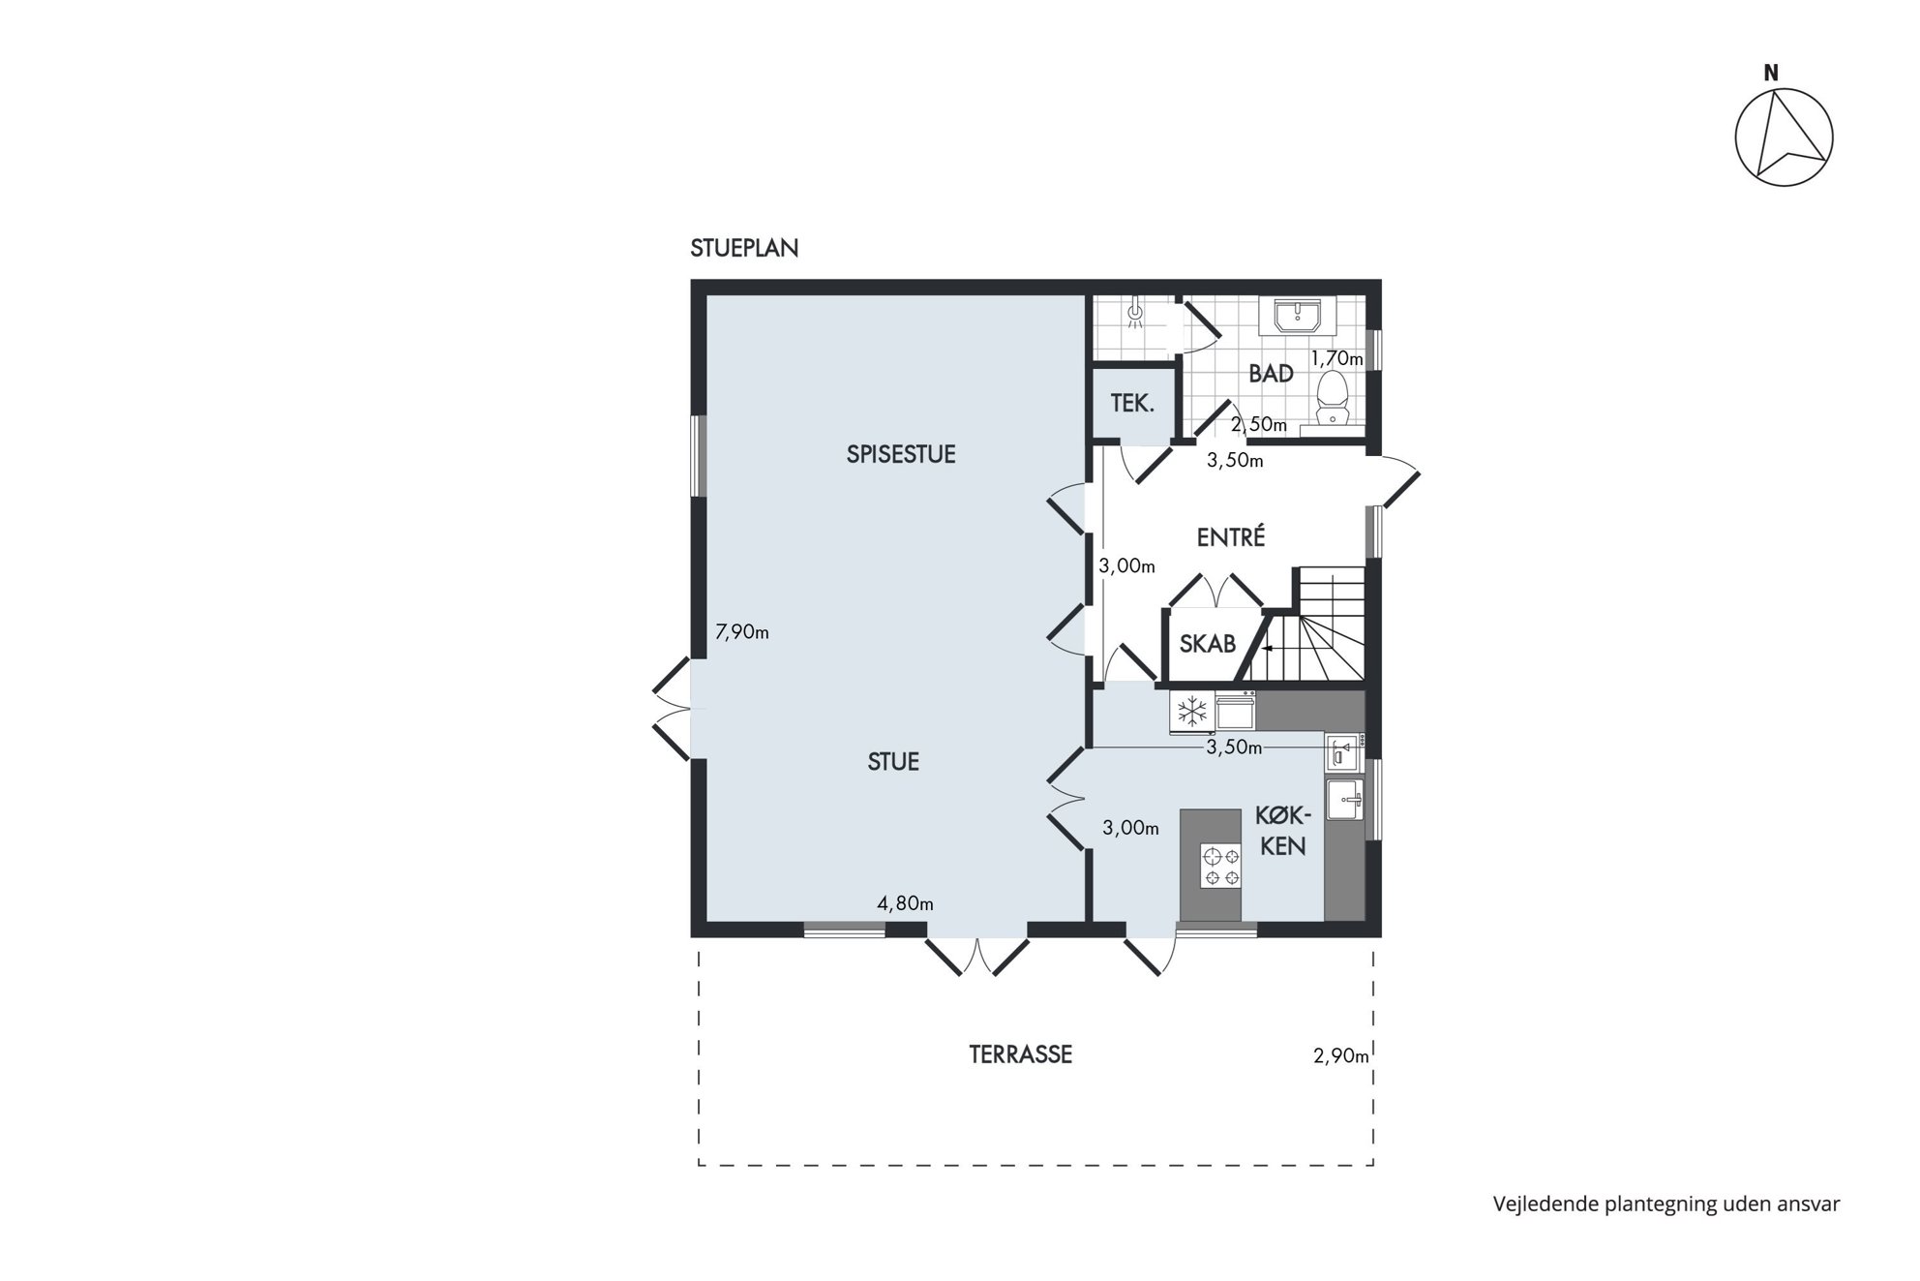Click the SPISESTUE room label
[x=901, y=454]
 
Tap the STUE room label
[x=893, y=762]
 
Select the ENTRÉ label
[x=1231, y=536]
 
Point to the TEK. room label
[x=1132, y=404]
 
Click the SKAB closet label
[x=1208, y=644]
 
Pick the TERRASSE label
[x=1021, y=1054]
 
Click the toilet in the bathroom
[x=1334, y=398]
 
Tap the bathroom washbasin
[x=1298, y=316]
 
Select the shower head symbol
[x=1136, y=313]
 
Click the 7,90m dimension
[x=742, y=632]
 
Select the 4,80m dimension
[x=906, y=904]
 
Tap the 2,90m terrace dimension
[x=1341, y=1056]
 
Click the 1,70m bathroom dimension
[x=1337, y=359]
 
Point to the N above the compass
[x=1771, y=73]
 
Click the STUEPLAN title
[x=744, y=249]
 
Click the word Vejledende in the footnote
[x=1545, y=1205]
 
